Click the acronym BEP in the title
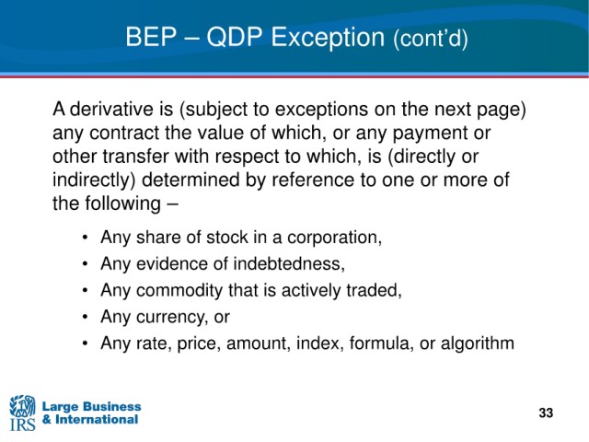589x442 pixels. [x=151, y=37]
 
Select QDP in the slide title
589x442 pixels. [x=234, y=37]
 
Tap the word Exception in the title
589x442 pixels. [x=328, y=38]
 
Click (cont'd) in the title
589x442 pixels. [x=431, y=39]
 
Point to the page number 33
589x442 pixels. [x=546, y=413]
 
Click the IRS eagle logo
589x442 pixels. [x=22, y=413]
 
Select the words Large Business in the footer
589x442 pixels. [x=92, y=406]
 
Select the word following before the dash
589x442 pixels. [x=122, y=204]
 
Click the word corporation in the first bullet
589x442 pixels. [x=335, y=238]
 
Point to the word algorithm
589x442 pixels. [x=478, y=343]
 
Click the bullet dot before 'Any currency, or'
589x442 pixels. [x=86, y=317]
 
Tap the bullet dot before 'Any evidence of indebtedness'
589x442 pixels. [x=86, y=264]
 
